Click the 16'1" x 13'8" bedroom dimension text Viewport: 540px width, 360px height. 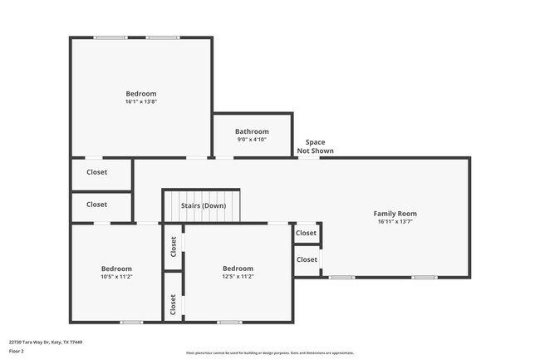140,102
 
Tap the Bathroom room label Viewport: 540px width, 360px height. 252,131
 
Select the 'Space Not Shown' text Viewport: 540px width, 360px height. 316,146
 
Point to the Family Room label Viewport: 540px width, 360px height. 395,214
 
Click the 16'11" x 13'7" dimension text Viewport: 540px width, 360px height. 395,222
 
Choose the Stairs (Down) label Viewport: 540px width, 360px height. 204,205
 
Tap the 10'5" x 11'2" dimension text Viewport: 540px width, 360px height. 116,277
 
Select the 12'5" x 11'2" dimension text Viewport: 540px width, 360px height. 238,277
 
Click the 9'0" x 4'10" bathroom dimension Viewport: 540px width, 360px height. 252,140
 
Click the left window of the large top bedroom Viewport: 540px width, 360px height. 110,37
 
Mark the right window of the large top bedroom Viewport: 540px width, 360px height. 163,37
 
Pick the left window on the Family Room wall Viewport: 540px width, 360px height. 341,277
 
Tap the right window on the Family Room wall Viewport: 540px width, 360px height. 425,277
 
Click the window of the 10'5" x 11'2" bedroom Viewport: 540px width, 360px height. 131,322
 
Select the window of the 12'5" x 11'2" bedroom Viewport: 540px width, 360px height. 228,322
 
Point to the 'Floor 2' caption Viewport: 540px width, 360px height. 17,352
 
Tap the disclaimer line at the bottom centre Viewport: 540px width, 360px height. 269,353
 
